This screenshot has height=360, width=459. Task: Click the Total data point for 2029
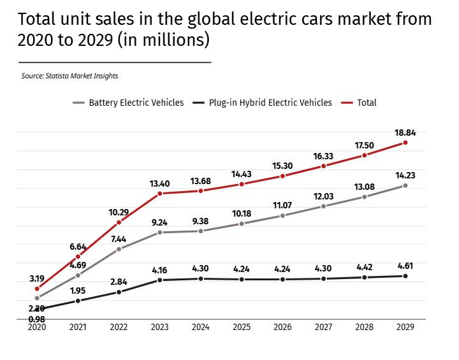coord(405,143)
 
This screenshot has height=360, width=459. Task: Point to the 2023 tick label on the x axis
coord(159,327)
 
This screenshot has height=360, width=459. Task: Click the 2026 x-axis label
coord(282,327)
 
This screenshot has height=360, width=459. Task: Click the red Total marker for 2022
coord(119,222)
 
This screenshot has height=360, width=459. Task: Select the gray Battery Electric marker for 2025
coord(242,224)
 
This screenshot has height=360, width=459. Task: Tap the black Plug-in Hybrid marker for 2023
coord(160,280)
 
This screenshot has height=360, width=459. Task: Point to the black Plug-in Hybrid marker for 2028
coord(364,277)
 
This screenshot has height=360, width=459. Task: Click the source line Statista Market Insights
coord(69,76)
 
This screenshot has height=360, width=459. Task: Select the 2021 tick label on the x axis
coord(78,327)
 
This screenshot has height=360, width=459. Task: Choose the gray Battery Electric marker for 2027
coord(323,206)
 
